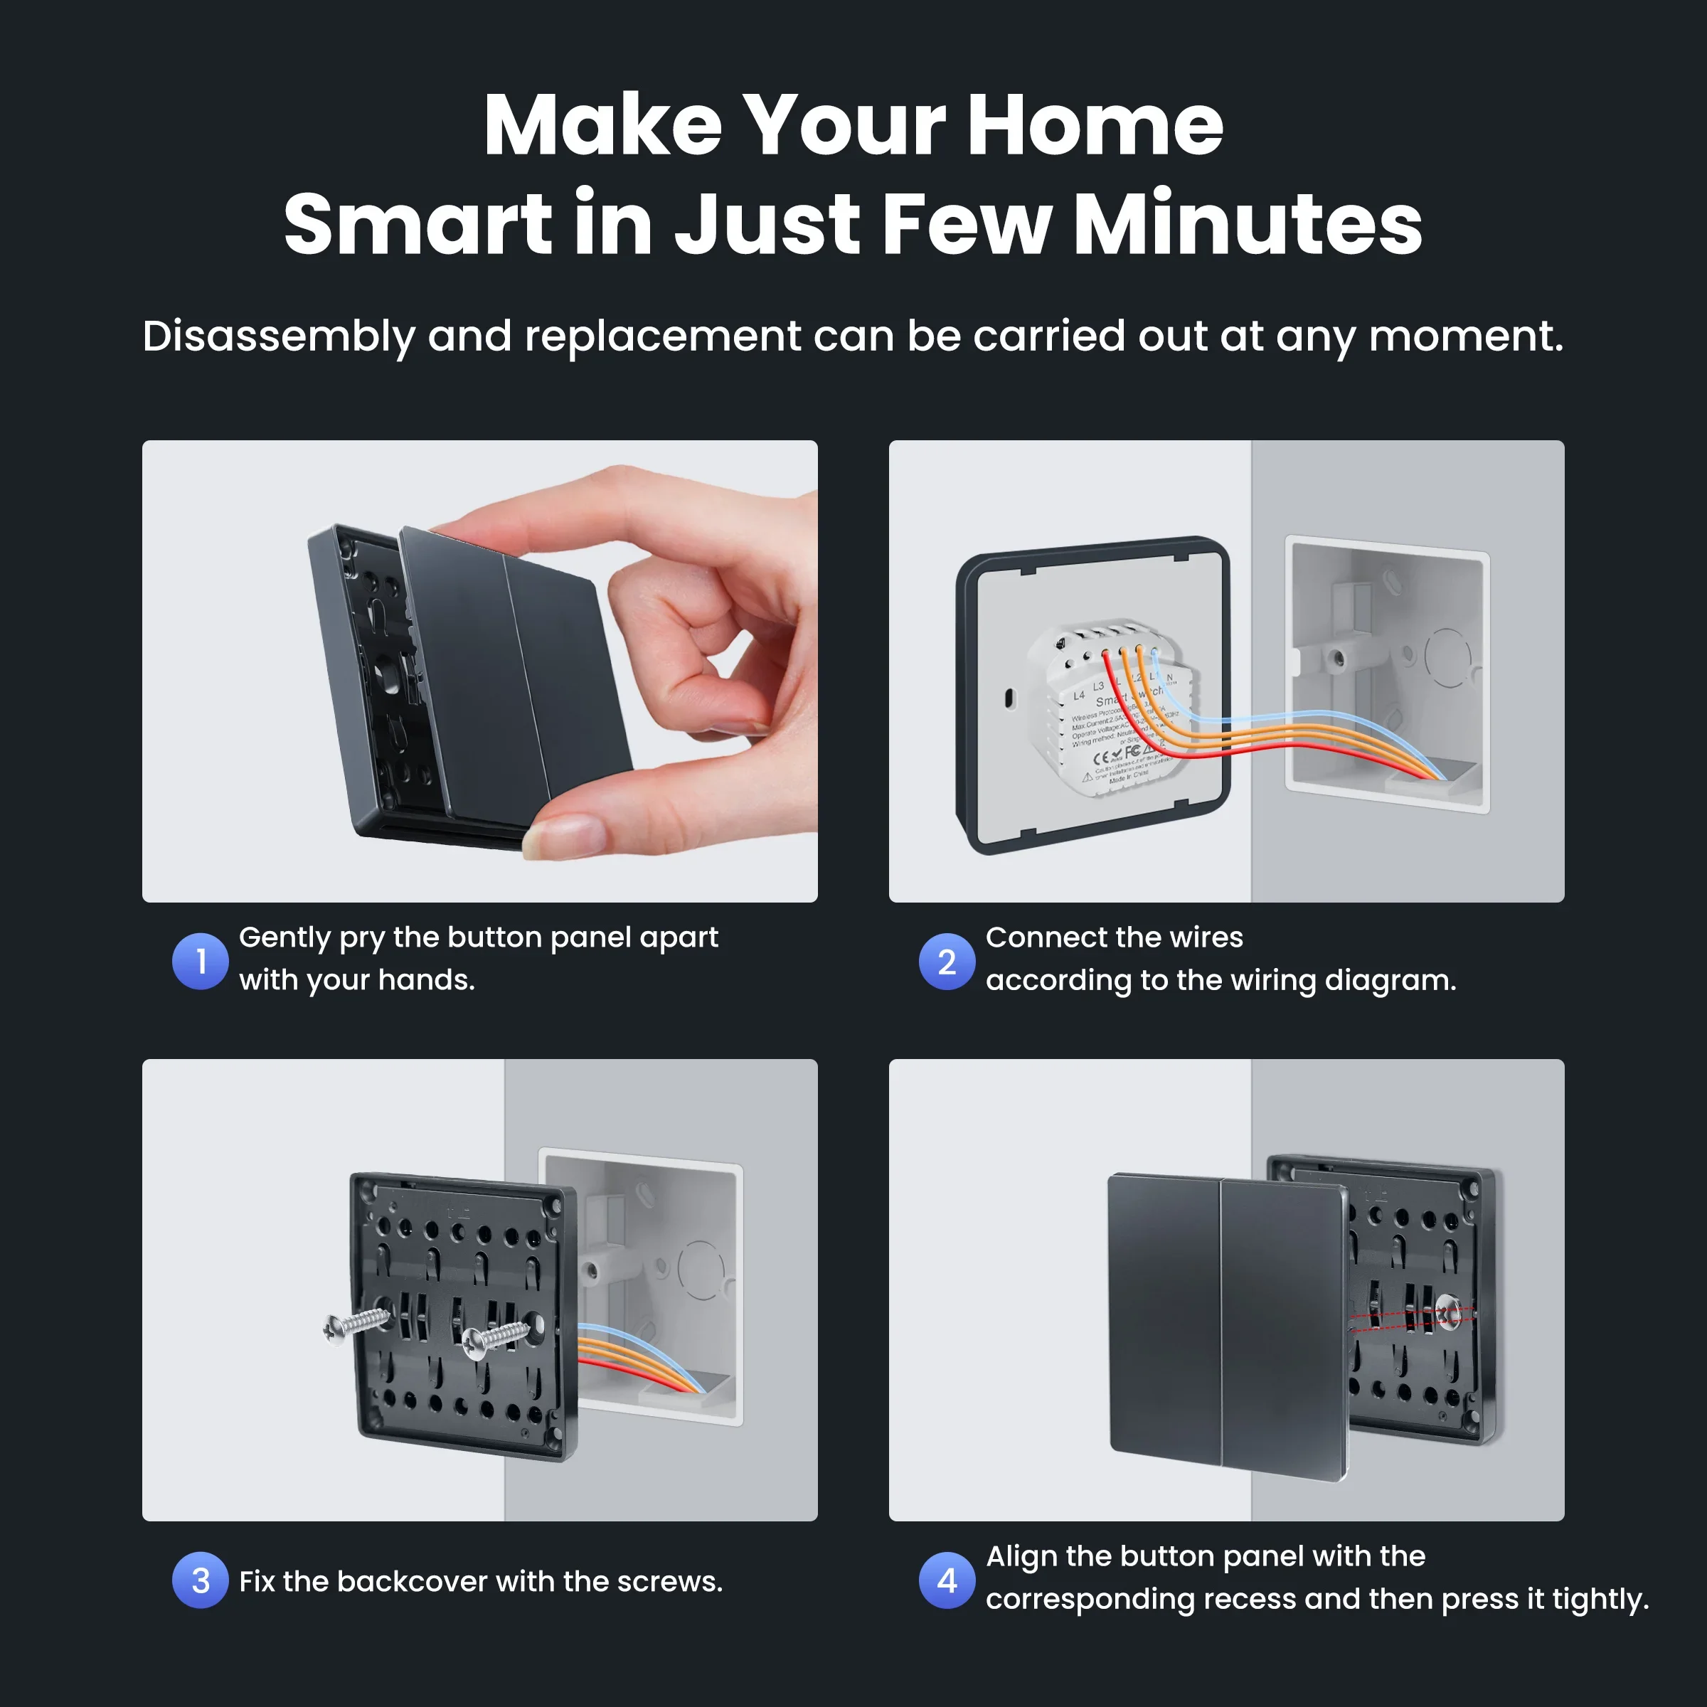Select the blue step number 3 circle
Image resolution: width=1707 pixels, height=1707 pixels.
201,1580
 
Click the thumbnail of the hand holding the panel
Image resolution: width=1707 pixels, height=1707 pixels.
480,671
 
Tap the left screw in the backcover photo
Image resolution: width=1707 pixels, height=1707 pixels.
357,1325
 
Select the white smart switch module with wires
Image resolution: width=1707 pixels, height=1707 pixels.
1113,707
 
